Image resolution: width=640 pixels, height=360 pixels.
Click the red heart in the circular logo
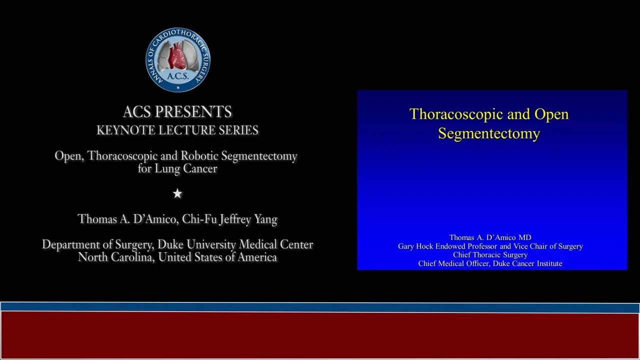(177, 55)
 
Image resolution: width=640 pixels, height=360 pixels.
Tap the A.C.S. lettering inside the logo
(177, 76)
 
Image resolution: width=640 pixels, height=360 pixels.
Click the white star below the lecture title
(177, 193)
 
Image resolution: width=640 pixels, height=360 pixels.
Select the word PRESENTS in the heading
(193, 111)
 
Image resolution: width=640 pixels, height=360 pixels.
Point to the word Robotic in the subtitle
(199, 155)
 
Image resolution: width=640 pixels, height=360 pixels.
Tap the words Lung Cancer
(185, 168)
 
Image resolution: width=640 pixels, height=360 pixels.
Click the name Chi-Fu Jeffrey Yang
(229, 219)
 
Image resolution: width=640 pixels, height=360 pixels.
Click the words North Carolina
(116, 257)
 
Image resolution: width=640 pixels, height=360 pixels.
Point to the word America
(257, 257)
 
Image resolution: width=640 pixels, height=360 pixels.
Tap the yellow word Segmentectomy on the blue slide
(489, 133)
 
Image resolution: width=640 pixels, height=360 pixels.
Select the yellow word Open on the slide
(551, 114)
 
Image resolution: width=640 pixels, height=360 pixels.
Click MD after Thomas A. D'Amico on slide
(525, 237)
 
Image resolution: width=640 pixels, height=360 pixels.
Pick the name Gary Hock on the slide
(415, 246)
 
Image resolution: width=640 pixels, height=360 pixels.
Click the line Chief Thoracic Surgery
(490, 255)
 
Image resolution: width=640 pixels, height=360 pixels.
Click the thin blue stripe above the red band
(320, 307)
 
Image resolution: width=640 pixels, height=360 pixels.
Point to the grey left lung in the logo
(164, 55)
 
